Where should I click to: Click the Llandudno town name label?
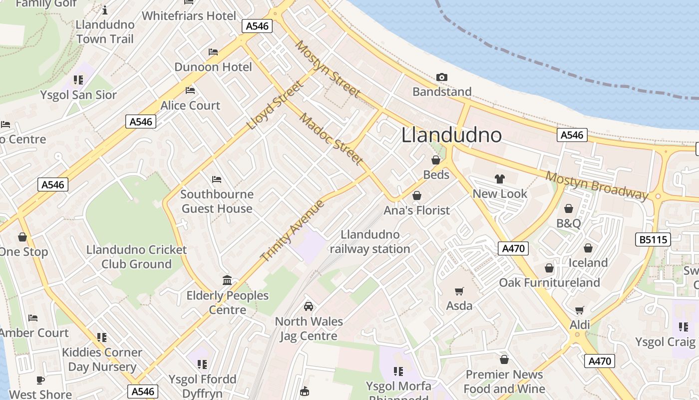tap(451, 135)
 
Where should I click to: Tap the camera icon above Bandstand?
tap(442, 77)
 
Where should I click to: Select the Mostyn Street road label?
tap(328, 69)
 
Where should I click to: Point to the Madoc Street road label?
tap(331, 138)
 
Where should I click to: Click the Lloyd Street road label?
tap(275, 105)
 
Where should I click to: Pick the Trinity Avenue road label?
tap(293, 230)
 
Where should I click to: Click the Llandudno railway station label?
tap(369, 241)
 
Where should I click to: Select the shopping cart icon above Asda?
tap(459, 291)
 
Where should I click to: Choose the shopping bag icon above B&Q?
tap(568, 208)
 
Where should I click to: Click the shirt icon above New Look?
tap(499, 179)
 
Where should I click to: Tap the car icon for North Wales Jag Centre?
tap(309, 306)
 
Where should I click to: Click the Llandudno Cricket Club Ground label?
tap(136, 256)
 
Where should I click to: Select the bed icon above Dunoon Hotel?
tap(213, 52)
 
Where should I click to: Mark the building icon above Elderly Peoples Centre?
tap(227, 280)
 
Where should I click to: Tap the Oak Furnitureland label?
tap(549, 282)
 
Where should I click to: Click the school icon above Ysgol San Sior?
tap(78, 80)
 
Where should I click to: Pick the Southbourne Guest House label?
tap(217, 201)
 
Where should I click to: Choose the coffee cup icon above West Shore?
tap(40, 380)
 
